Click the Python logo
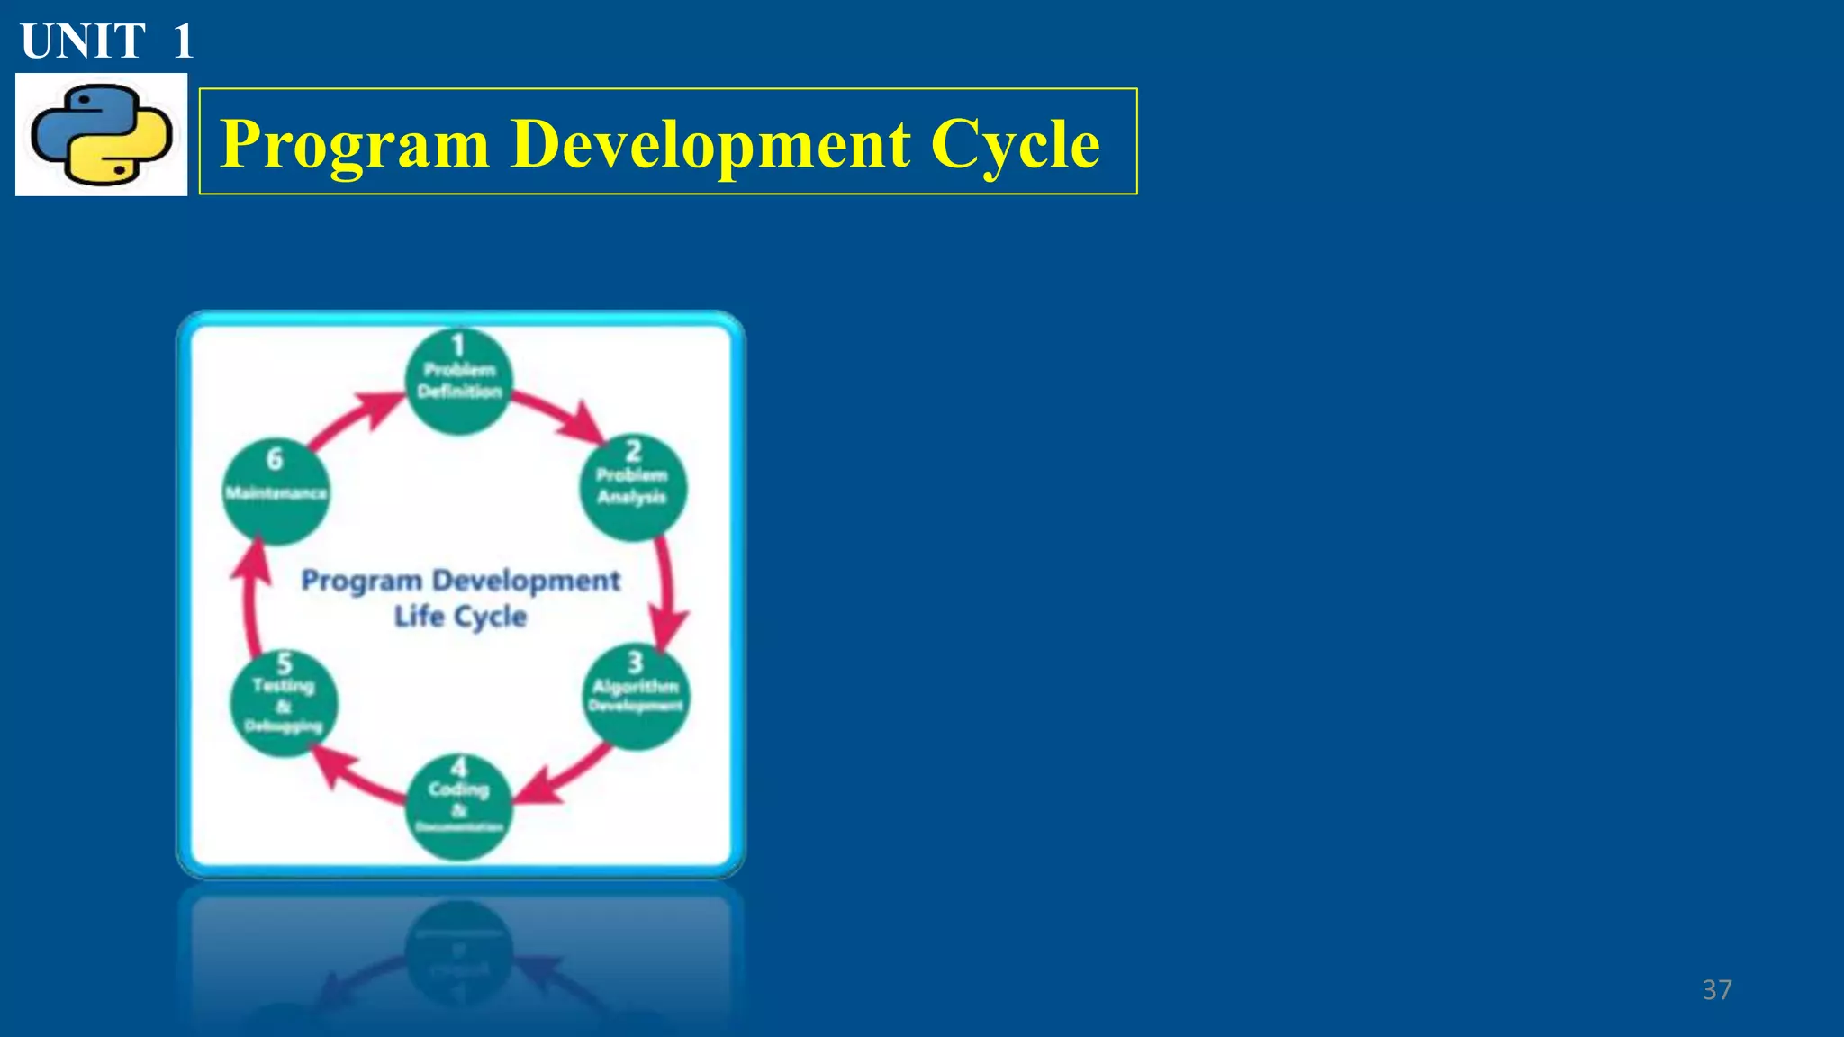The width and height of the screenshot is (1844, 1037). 101,135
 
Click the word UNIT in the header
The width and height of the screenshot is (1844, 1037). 83,41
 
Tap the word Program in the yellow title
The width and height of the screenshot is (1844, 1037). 355,144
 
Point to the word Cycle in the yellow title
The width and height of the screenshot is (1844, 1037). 1015,144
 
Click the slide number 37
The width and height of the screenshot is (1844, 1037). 1716,990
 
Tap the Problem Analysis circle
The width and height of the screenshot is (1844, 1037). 633,487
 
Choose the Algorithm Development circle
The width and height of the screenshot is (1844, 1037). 637,697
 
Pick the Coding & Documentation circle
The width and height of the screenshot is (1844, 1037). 459,807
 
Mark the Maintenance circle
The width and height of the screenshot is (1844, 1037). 276,491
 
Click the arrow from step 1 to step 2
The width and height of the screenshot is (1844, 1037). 559,414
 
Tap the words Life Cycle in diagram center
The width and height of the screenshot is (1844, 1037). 460,617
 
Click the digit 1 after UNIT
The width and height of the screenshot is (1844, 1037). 183,41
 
